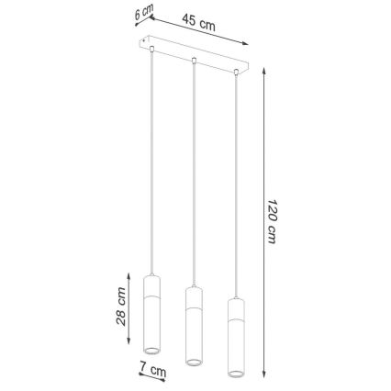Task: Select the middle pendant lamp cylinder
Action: (193, 324)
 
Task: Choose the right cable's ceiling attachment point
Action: (236, 68)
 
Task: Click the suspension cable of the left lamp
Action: (151, 165)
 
